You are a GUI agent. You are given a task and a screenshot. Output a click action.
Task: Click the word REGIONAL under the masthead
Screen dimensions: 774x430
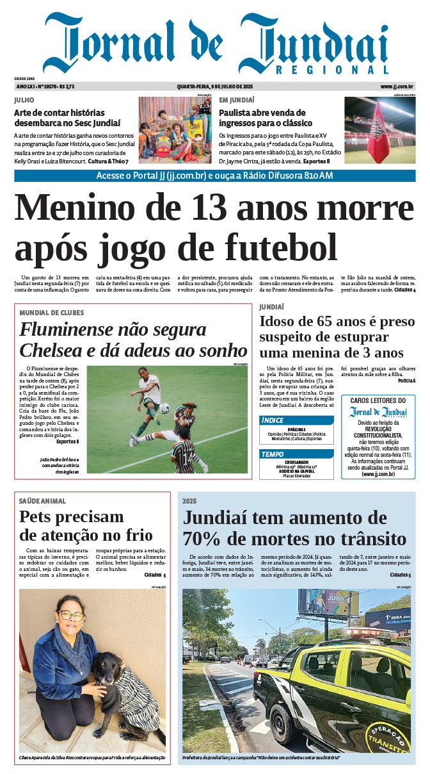(x=333, y=70)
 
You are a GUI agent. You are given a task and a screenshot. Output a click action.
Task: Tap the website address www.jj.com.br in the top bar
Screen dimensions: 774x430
(x=397, y=86)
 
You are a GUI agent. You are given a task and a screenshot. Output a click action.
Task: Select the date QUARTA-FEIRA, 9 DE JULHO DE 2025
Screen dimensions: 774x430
(x=215, y=86)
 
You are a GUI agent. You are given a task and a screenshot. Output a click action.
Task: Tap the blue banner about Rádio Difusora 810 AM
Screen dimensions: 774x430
(x=215, y=176)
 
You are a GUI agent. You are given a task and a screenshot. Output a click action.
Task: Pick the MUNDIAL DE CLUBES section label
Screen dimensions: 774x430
(x=52, y=313)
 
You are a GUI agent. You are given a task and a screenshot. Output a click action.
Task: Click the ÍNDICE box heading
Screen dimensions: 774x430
(x=273, y=420)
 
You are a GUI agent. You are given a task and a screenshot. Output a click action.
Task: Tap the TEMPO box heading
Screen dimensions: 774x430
(x=273, y=454)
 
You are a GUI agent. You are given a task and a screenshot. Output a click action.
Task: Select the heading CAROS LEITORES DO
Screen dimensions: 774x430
(x=378, y=400)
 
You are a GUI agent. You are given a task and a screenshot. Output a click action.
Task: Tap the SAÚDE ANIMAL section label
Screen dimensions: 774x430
(x=43, y=501)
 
